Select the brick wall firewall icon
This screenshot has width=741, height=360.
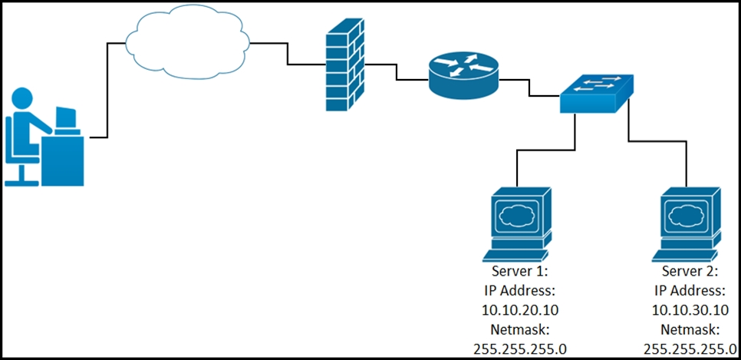345,65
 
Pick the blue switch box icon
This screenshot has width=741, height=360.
596,94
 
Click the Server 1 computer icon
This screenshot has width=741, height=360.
517,224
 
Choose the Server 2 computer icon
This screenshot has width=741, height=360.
687,224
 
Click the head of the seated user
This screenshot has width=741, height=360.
22,99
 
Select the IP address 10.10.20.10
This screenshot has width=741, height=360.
520,310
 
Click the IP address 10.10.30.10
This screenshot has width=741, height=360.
690,310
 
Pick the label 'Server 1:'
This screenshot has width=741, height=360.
520,272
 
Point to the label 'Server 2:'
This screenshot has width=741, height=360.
690,272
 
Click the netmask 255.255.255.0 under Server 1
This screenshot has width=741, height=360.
520,348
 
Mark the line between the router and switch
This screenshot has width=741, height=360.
530,88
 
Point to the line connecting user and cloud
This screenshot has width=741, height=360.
107,91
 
